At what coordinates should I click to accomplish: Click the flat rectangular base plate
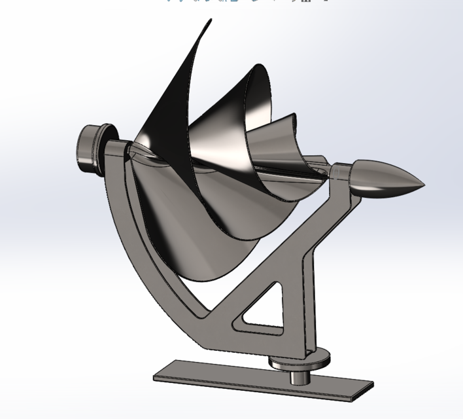coord(262,380)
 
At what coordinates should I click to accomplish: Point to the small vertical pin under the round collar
coord(300,377)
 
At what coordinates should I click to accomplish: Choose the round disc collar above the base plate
coord(300,359)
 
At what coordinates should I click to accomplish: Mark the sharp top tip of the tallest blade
coord(211,21)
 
